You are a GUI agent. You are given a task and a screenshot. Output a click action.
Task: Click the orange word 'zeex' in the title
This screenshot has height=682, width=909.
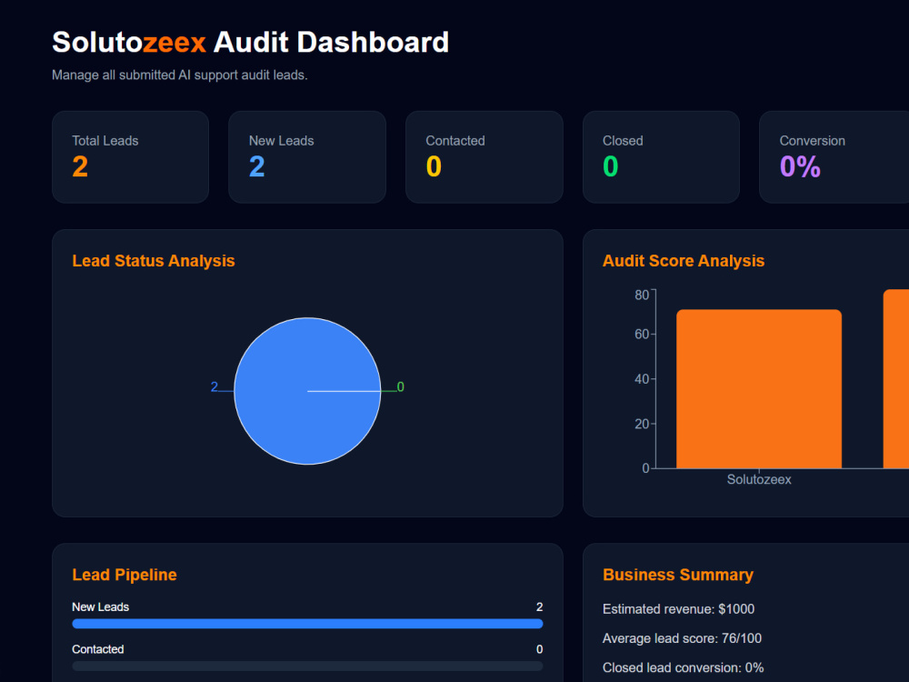[x=174, y=43]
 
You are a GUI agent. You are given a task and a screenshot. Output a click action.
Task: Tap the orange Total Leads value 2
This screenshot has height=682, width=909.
[x=80, y=167]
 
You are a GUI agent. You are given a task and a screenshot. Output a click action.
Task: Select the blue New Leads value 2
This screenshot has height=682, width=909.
[x=257, y=167]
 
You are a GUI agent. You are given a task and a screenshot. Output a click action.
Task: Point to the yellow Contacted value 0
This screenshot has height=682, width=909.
[x=434, y=167]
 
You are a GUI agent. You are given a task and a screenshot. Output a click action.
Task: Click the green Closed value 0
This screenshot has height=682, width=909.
[x=611, y=167]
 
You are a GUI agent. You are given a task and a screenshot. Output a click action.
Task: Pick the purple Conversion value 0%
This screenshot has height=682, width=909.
[x=800, y=167]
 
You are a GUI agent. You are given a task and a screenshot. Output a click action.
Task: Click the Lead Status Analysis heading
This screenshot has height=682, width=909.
[x=154, y=261]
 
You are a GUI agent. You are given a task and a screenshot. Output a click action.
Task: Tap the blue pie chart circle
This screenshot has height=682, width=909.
[x=307, y=391]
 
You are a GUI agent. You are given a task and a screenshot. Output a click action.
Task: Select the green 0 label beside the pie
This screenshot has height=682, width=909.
[x=401, y=386]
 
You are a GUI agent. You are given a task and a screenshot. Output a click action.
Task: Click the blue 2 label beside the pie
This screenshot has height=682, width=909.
[x=215, y=386]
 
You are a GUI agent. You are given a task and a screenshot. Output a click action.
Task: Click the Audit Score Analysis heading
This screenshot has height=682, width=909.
[x=684, y=261]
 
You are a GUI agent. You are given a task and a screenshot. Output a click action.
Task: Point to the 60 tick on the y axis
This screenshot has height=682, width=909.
[x=642, y=334]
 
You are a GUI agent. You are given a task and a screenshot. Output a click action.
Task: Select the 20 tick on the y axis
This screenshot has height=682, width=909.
[x=642, y=424]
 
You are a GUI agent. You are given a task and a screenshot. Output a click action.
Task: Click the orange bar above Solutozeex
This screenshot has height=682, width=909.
[x=759, y=388]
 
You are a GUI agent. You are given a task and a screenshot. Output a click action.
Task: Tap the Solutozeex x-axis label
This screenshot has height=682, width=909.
[x=759, y=479]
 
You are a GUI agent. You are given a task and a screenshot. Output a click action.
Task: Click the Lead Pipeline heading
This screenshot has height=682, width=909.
[x=124, y=575]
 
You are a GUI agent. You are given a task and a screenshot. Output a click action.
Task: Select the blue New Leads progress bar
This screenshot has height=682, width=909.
[x=307, y=624]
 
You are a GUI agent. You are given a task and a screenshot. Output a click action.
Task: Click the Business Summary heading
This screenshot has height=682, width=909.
[x=678, y=575]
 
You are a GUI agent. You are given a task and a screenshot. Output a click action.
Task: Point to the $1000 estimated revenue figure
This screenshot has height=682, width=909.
[x=736, y=609]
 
